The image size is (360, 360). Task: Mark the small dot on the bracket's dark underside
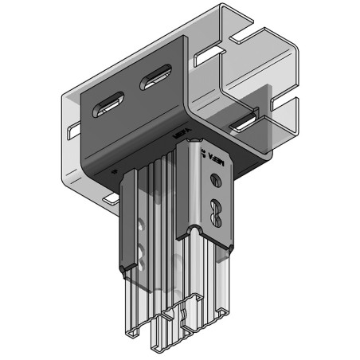[116, 169]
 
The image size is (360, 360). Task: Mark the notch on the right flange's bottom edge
[192, 236]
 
